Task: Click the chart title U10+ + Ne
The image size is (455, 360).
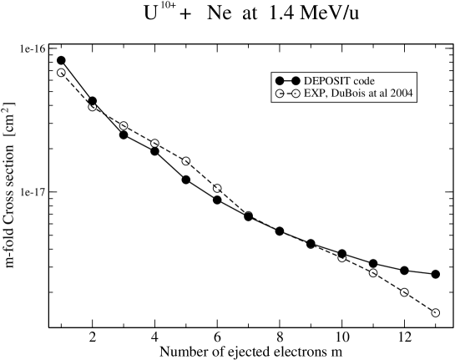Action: tap(227, 15)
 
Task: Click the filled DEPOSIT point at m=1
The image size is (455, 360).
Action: tap(61, 60)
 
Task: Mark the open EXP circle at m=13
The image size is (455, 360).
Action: tap(435, 312)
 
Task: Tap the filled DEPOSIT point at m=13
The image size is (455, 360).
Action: tap(435, 274)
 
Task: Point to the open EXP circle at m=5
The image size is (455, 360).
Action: tap(185, 160)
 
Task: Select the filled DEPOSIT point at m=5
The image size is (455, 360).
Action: tap(185, 180)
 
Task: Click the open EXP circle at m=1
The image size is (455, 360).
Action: tap(61, 73)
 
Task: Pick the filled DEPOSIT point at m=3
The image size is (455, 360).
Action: tap(124, 134)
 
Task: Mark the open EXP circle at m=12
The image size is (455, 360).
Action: tap(404, 292)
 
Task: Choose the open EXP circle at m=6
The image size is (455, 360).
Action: tap(217, 188)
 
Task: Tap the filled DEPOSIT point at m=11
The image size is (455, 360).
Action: tap(373, 263)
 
